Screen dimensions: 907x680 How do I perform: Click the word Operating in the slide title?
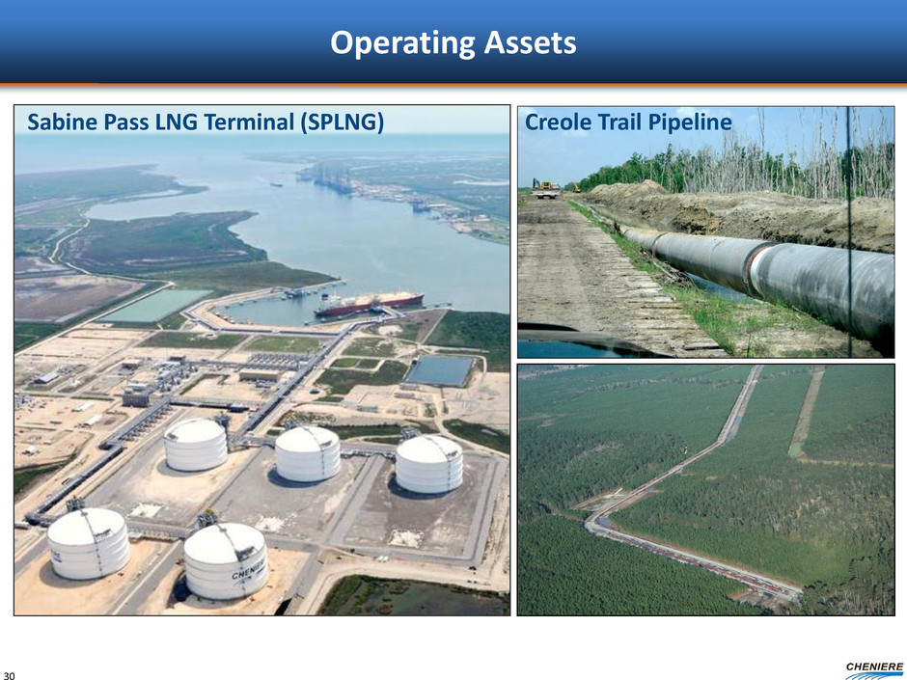[x=403, y=43]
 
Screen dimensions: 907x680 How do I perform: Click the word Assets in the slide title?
[x=531, y=42]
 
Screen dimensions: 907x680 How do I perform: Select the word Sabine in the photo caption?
[x=60, y=122]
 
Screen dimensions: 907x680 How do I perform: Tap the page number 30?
[x=10, y=675]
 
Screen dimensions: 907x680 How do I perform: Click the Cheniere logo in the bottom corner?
[x=873, y=670]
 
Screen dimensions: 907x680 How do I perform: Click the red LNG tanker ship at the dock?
[x=369, y=303]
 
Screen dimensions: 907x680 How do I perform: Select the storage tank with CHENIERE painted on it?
[x=226, y=561]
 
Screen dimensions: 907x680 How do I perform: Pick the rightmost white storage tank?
[x=429, y=464]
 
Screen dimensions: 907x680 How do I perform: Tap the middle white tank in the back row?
[x=307, y=454]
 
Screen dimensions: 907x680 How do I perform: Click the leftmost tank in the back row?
[x=196, y=444]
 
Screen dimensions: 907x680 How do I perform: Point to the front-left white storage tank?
[x=89, y=543]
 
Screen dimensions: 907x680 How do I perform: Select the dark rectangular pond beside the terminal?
[x=440, y=370]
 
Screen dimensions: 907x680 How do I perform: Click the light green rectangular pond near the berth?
[x=155, y=306]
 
